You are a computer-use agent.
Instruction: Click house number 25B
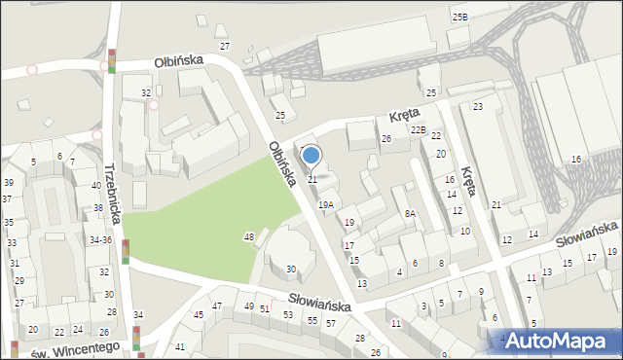[x=459, y=18]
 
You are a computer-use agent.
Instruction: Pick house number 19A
[x=326, y=205]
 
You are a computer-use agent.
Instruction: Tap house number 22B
[x=418, y=129]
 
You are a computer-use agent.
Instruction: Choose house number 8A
[x=411, y=213]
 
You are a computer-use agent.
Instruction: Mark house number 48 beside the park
[x=249, y=237]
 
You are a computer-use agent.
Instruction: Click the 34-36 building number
[x=100, y=239]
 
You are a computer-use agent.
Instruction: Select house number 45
[x=199, y=314]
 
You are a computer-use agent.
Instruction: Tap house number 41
[x=179, y=346]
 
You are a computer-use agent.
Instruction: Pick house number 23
[x=478, y=106]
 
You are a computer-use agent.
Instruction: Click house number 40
[x=96, y=185]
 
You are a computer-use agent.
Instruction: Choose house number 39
[x=8, y=183]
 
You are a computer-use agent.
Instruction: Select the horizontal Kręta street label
[x=404, y=114]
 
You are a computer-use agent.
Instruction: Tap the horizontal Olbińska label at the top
[x=178, y=60]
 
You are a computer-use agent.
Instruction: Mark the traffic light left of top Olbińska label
[x=112, y=60]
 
